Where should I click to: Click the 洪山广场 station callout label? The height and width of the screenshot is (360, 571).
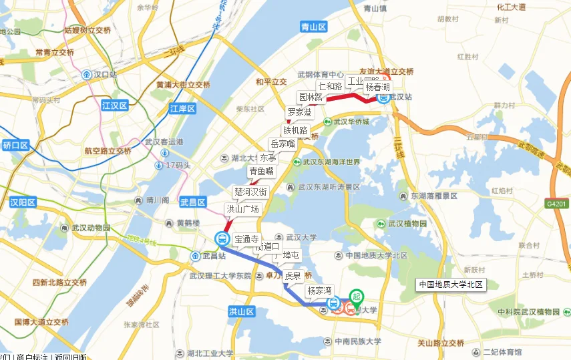[x=242, y=209]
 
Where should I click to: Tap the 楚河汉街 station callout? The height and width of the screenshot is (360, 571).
[x=250, y=192]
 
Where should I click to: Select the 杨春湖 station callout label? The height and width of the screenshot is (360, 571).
[x=377, y=87]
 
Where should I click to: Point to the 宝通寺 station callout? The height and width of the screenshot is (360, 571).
[x=246, y=238]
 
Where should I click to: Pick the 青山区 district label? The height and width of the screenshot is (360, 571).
[x=313, y=27]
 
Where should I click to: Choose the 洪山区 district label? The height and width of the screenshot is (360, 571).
[x=241, y=312]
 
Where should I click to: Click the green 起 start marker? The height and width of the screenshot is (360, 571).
[x=357, y=297]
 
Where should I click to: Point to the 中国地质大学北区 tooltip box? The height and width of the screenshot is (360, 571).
[x=450, y=285]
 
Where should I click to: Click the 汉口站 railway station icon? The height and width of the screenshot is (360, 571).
[x=87, y=75]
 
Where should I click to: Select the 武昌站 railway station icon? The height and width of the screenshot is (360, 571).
[x=196, y=256]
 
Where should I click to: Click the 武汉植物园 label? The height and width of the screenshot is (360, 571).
[x=407, y=223]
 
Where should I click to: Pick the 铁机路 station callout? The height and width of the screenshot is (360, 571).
[x=295, y=130]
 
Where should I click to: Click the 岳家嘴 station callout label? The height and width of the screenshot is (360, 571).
[x=282, y=144]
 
